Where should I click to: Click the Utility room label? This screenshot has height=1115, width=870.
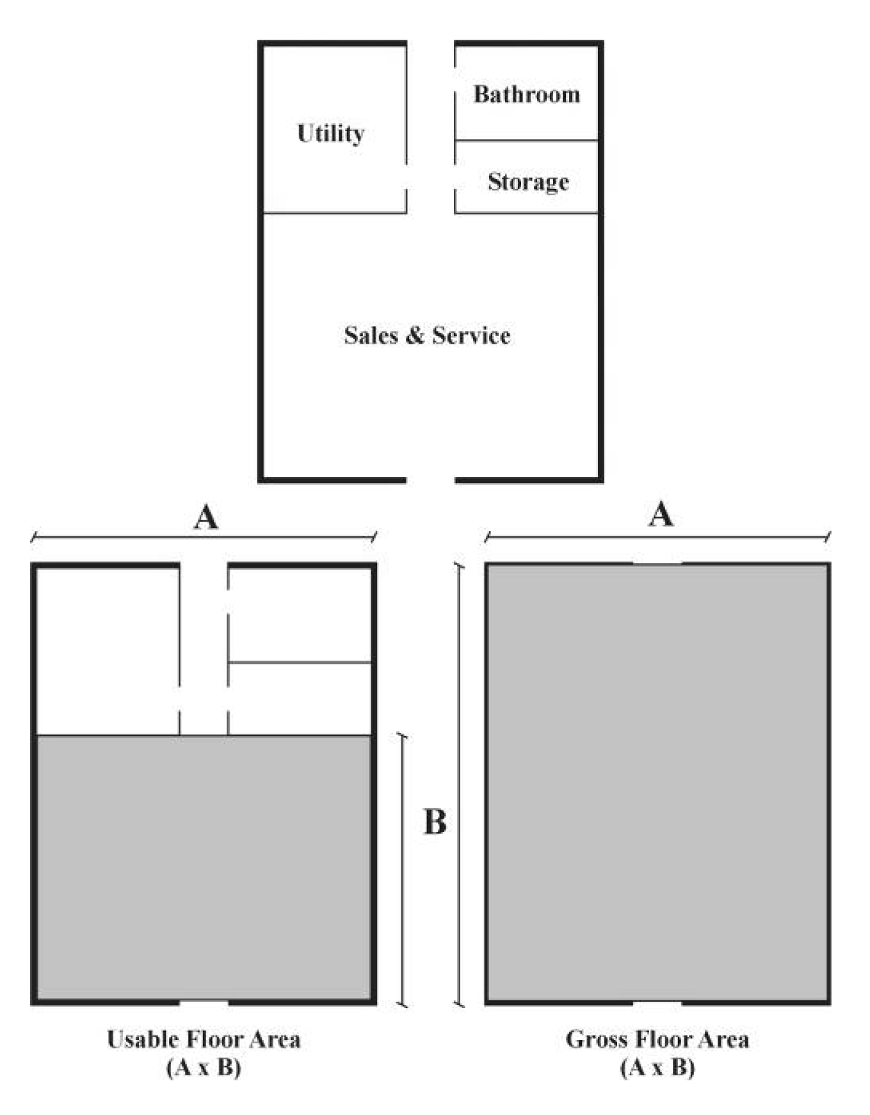pos(331,134)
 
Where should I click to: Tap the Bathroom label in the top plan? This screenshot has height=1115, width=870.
pos(526,95)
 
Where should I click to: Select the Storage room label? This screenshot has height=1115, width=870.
pos(528,182)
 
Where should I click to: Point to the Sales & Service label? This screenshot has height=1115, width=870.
pos(427,335)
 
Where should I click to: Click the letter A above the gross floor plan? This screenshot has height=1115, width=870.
pos(661,514)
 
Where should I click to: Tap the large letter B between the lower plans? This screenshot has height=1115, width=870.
pos(435,822)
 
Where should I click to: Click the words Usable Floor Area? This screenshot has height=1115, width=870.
pos(204,1039)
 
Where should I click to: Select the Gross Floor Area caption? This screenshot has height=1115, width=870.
pos(657,1039)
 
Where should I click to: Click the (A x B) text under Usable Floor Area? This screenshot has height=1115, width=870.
pos(204,1068)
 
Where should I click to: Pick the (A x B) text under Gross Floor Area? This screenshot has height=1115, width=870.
pos(657,1068)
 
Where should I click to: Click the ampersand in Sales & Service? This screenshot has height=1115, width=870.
pos(415,335)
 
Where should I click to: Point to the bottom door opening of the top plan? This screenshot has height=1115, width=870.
pos(430,479)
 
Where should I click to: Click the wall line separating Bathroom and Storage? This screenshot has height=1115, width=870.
pos(526,140)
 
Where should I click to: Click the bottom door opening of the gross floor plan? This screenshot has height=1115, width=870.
pos(657,1003)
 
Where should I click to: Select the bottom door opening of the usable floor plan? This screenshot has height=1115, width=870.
pos(204,1002)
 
